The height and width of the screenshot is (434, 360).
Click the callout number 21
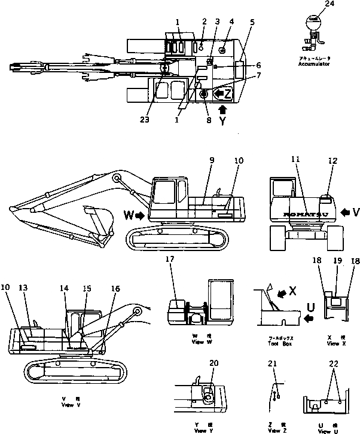pyautogui.click(x=273, y=364)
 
